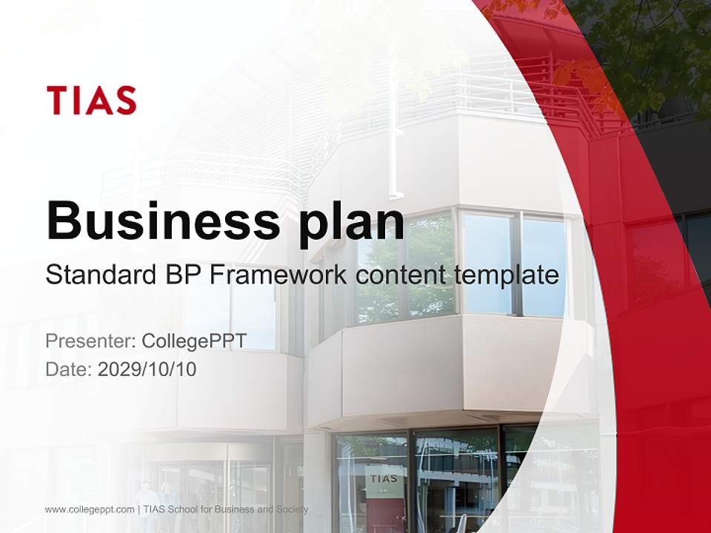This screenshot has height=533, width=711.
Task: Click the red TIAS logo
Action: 91,100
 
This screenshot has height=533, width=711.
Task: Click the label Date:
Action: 69,369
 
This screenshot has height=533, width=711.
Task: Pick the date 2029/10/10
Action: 147,369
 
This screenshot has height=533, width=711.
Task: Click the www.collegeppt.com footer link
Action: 90,509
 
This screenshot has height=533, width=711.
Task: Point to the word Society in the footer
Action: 290,509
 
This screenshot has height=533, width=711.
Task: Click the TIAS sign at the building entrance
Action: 384,478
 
